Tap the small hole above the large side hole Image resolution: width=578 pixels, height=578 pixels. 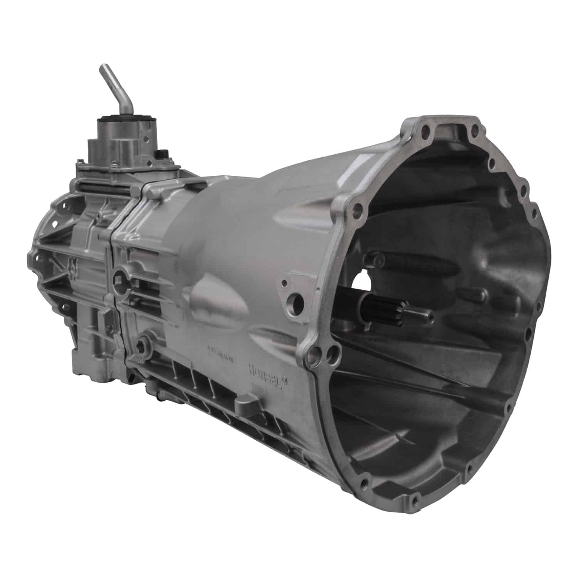[x=285, y=284]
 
